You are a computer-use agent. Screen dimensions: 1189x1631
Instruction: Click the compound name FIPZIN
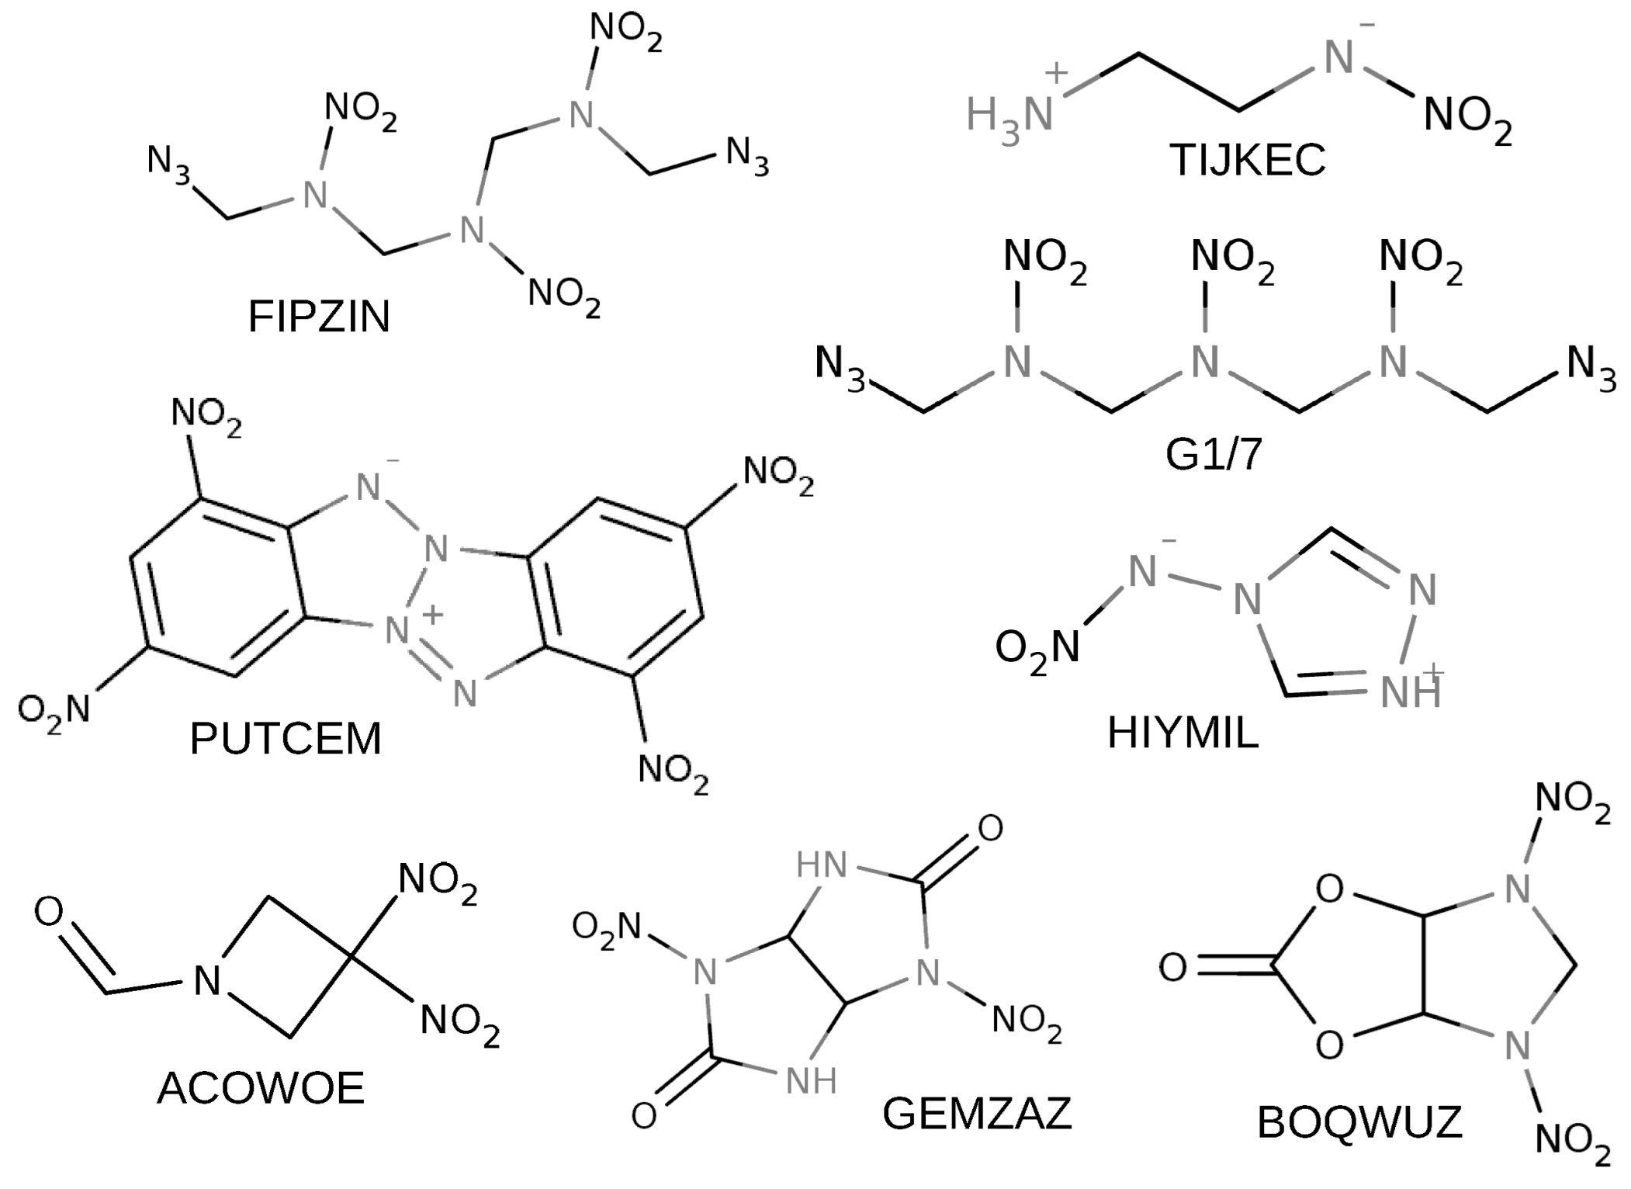coord(319,317)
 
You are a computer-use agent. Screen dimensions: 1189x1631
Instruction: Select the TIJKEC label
coord(1247,161)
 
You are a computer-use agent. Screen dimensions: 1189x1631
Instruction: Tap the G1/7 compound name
coord(1214,455)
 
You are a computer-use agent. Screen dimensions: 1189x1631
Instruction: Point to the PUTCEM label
coord(286,738)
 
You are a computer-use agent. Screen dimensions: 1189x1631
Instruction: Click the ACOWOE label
coord(261,1088)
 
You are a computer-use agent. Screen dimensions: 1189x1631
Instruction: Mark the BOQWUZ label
coord(1359,1122)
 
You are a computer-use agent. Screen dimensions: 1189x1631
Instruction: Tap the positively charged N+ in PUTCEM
coord(397,629)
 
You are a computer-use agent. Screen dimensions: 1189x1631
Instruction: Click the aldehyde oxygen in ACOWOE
coord(49,912)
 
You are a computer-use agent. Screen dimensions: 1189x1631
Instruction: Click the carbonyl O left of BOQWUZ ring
coord(1172,968)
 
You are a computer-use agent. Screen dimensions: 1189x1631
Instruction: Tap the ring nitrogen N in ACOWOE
coord(207,981)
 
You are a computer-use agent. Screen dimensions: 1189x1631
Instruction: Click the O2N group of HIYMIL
coord(1037,648)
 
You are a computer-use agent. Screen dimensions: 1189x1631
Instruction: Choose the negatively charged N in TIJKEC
coord(1338,59)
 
